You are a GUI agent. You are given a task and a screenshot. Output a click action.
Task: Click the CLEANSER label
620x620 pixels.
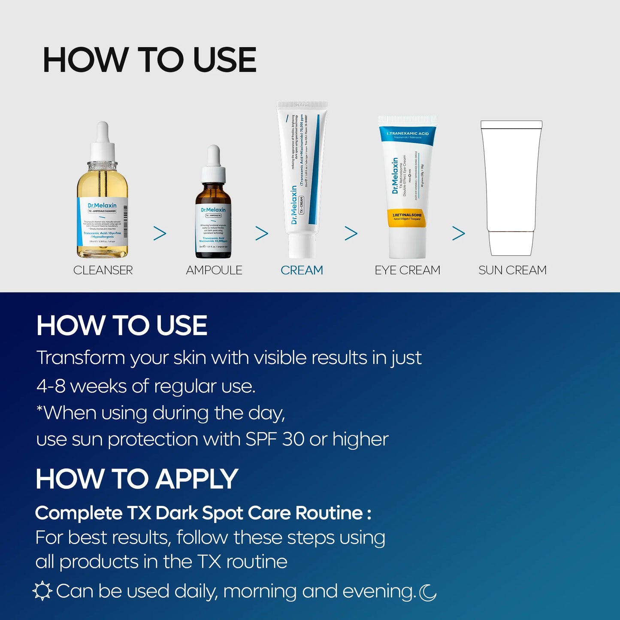103,270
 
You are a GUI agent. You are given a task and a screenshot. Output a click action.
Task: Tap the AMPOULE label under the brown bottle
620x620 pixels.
214,270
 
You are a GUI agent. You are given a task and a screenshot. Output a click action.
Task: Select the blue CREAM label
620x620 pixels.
302,270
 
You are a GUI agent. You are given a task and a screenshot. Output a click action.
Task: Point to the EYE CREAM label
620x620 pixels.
407,270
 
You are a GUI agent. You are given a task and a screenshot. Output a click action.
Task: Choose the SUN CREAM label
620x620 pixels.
512,270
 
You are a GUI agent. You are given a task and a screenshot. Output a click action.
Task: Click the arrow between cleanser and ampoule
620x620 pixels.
160,233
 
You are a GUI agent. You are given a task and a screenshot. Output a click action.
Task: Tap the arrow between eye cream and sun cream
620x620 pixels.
458,233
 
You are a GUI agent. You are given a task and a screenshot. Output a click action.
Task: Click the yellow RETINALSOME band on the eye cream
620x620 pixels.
407,217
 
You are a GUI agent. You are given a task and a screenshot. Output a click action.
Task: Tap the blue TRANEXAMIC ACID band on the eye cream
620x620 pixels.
407,135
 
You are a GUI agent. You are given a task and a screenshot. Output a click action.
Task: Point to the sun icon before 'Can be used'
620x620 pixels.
42,591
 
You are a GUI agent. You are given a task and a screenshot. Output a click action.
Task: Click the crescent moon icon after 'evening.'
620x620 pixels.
427,593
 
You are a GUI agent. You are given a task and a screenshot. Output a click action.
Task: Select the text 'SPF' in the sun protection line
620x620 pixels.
261,439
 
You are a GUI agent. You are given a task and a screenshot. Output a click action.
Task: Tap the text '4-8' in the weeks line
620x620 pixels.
51,386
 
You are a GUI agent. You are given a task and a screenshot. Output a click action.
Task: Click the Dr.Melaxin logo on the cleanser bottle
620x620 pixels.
102,206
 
